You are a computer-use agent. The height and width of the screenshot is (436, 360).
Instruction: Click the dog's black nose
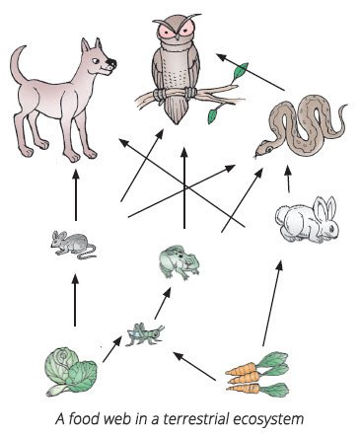[111, 62]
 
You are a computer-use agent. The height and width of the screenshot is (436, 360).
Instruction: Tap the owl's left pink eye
[169, 32]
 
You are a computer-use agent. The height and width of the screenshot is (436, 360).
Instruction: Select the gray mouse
[72, 244]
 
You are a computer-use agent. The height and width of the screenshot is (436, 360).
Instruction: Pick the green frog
[179, 262]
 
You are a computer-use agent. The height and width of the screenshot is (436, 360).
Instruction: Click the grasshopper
[144, 334]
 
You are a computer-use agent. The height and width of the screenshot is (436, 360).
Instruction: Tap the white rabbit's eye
[332, 227]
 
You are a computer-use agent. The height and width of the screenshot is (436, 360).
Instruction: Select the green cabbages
[71, 372]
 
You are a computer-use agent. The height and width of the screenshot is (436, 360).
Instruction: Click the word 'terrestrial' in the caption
[195, 419]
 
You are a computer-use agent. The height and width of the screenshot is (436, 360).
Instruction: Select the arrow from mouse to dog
[76, 195]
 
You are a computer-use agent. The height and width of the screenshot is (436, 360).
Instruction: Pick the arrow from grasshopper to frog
[163, 303]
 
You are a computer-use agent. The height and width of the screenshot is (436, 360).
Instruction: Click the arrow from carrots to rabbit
[271, 303]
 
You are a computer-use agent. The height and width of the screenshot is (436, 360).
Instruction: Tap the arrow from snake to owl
[251, 72]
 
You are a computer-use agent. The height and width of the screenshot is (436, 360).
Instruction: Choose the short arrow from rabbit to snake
[288, 179]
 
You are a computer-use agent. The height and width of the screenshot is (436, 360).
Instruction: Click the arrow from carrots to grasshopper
[194, 366]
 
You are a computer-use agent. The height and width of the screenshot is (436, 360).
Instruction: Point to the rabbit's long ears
[324, 208]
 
